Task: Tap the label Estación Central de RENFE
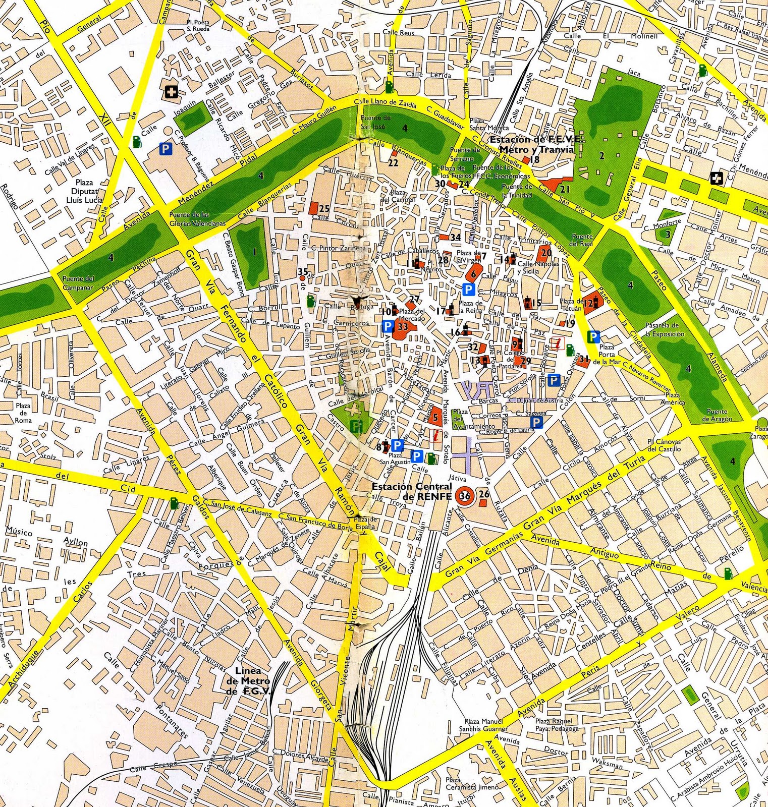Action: (x=411, y=490)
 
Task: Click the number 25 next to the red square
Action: (x=324, y=208)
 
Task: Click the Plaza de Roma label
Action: (x=23, y=413)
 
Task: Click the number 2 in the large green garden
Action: (x=601, y=156)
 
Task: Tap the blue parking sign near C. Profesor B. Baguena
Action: (x=165, y=148)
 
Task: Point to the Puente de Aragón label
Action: (x=717, y=415)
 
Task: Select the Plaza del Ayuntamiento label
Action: (x=467, y=419)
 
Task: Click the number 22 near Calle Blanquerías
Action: (x=393, y=163)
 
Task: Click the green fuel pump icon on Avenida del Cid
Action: (x=175, y=503)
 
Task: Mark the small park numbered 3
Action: (x=667, y=234)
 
